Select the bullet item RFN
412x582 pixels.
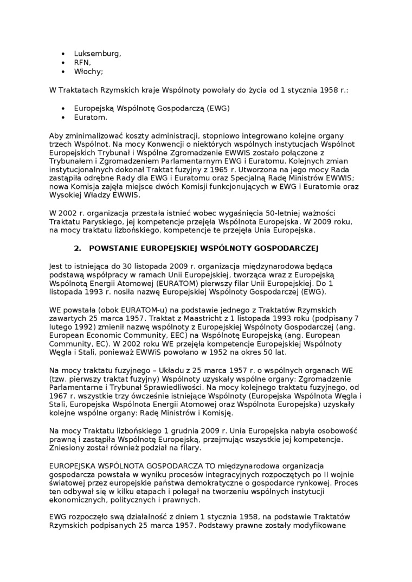point(82,62)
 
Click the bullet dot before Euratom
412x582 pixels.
point(63,117)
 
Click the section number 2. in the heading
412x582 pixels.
point(77,248)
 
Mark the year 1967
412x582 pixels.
point(59,396)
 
